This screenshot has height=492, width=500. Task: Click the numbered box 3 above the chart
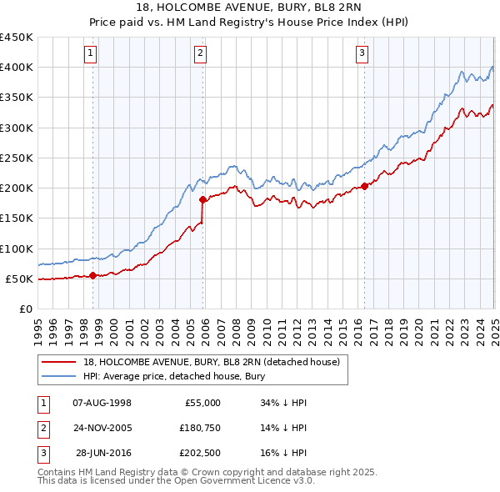click(362, 54)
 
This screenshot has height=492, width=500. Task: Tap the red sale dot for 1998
click(92, 275)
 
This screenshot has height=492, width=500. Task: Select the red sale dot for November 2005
click(202, 199)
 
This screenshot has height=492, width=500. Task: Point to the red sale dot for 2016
click(365, 186)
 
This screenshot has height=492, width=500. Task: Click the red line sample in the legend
click(60, 363)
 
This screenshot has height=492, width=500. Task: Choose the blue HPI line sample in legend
click(60, 377)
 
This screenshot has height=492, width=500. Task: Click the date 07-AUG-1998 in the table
click(102, 403)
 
